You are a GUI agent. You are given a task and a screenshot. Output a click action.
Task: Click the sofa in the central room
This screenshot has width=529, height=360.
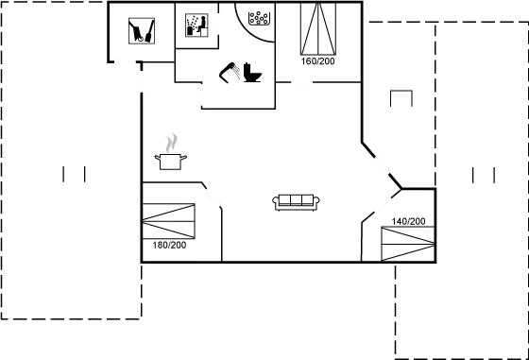(298, 202)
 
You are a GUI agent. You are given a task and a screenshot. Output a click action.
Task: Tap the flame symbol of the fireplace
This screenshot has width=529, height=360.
(171, 144)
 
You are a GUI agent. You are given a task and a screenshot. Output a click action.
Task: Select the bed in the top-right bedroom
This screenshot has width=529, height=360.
(319, 31)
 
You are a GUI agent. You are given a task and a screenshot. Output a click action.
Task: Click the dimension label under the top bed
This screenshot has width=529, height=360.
(318, 62)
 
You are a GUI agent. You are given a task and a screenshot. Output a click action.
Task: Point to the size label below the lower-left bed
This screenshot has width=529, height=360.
(169, 245)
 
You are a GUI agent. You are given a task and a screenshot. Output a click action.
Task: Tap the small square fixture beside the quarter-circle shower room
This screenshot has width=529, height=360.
(197, 26)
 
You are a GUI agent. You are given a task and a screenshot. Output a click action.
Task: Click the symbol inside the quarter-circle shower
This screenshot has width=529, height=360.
(257, 16)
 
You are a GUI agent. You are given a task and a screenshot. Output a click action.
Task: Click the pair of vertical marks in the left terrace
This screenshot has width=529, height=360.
(75, 174)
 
